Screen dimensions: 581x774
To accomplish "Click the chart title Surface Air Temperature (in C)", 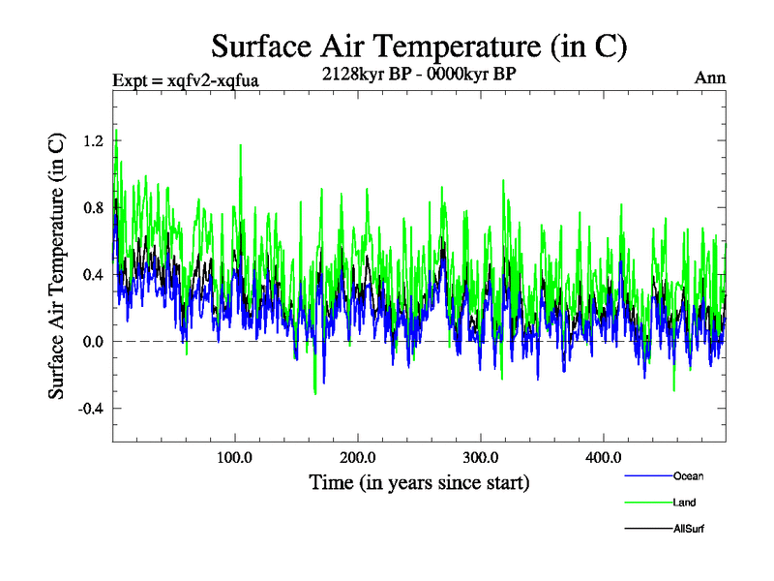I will click(x=419, y=46).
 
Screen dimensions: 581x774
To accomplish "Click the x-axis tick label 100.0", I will click(x=235, y=457).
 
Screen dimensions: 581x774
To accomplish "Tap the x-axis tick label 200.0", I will click(x=358, y=457).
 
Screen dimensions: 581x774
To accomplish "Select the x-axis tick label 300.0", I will click(x=481, y=457).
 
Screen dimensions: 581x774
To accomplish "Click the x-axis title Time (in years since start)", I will click(x=419, y=481).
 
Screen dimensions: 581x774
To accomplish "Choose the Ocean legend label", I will click(x=688, y=475).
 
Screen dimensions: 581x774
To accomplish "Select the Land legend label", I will click(x=684, y=503).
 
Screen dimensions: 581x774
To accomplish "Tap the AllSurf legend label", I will click(x=688, y=530).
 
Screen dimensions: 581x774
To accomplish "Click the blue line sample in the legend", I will click(x=646, y=475).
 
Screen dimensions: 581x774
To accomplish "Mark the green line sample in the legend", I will click(x=646, y=503).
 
